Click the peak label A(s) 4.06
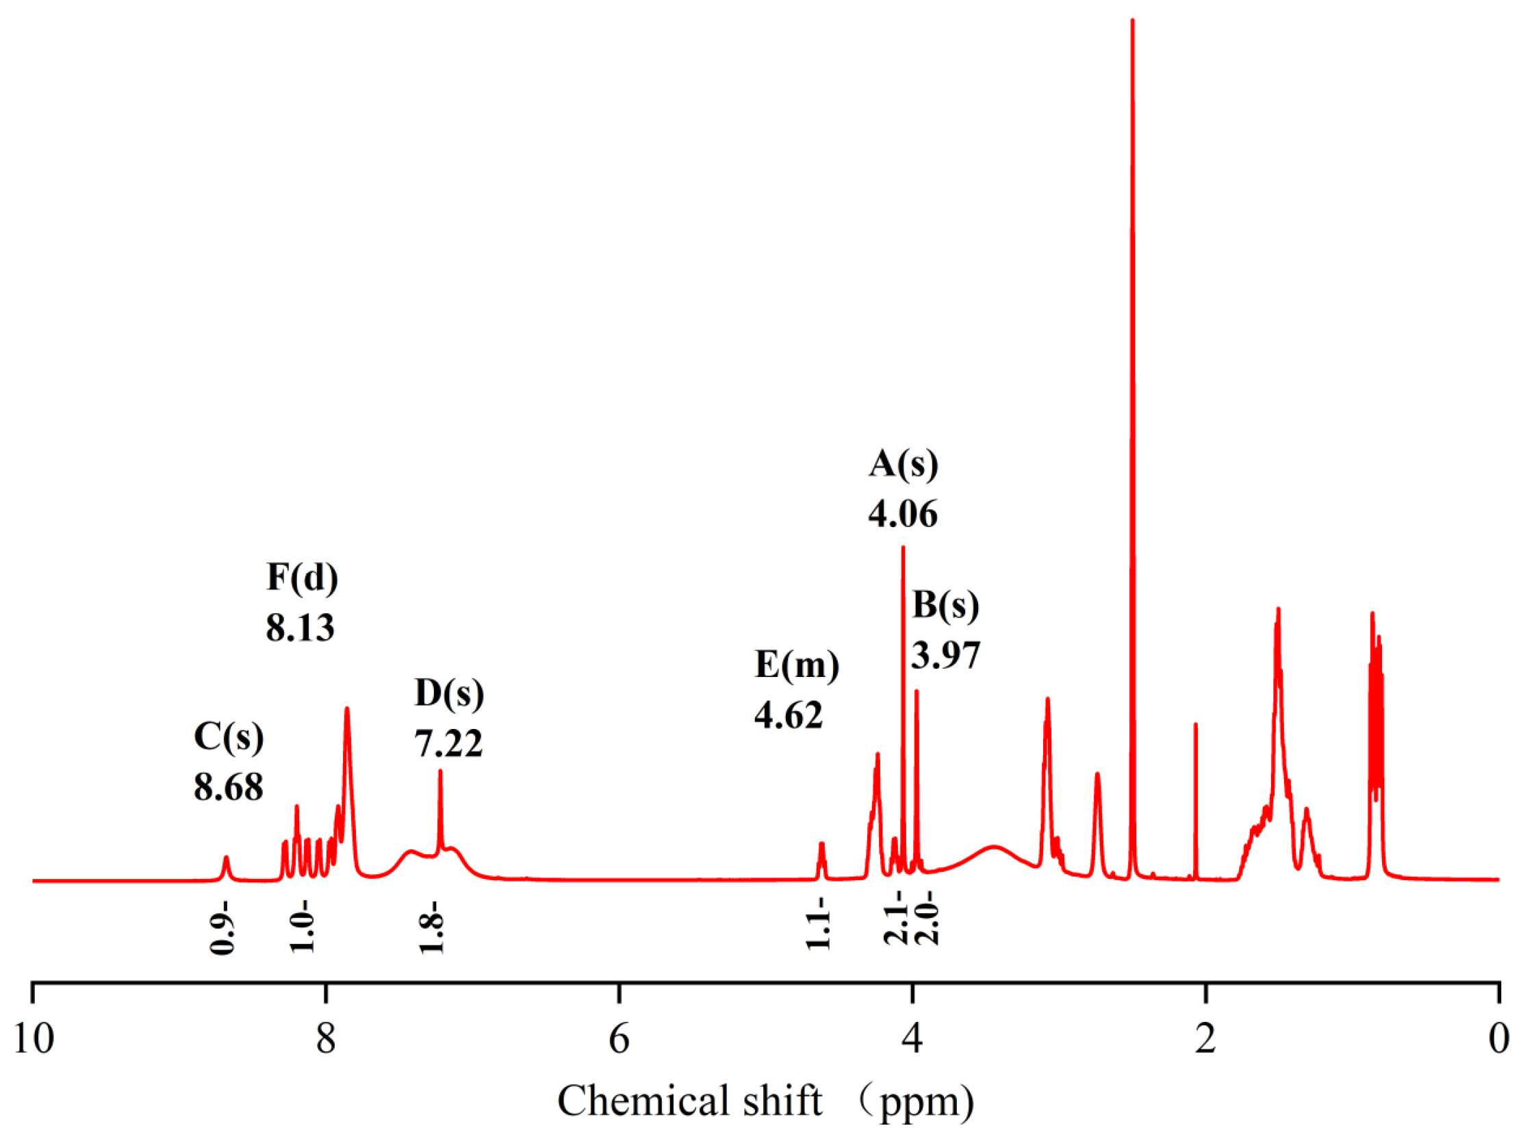pyautogui.click(x=903, y=489)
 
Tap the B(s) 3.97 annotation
pyautogui.click(x=945, y=630)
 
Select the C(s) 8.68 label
pyautogui.click(x=229, y=761)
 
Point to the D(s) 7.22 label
pyautogui.click(x=449, y=717)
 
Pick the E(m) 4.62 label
pyautogui.click(x=797, y=689)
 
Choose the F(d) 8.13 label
pyautogui.click(x=302, y=602)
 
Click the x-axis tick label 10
pyautogui.click(x=33, y=1039)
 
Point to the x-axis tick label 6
pyautogui.click(x=619, y=1039)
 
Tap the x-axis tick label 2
pyautogui.click(x=1205, y=1039)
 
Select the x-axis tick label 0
pyautogui.click(x=1498, y=1039)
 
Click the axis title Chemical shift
pyautogui.click(x=689, y=1101)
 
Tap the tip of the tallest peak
pyautogui.click(x=1132, y=21)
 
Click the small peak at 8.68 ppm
pyautogui.click(x=225, y=858)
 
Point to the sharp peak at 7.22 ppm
pyautogui.click(x=440, y=771)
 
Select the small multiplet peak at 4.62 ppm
pyautogui.click(x=821, y=845)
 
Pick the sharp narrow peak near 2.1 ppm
pyautogui.click(x=1195, y=725)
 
